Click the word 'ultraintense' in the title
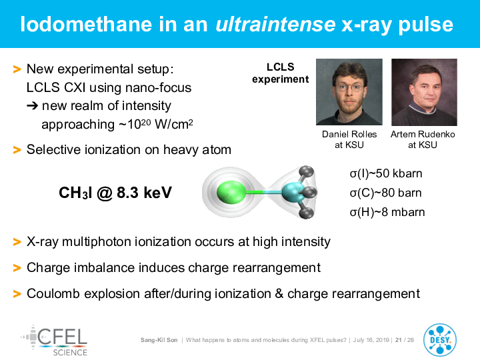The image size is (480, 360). tap(275, 25)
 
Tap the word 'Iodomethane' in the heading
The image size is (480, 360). tap(86, 25)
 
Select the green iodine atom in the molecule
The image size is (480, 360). tap(231, 192)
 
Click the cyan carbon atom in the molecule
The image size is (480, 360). tap(292, 192)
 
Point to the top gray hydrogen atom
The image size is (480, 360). tap(307, 172)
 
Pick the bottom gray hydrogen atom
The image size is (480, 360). tap(306, 213)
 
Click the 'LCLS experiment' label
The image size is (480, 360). tap(281, 73)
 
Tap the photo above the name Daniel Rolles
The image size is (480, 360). tap(349, 92)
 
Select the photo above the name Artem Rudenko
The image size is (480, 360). tap(424, 92)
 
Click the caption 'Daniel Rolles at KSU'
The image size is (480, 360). tap(349, 139)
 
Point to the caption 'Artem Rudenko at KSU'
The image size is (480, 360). tap(423, 139)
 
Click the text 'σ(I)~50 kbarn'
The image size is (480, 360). tap(386, 173)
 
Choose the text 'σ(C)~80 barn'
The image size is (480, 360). tap(385, 193)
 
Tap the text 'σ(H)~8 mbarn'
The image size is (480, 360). tap(387, 212)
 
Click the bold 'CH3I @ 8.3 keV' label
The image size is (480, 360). tap(115, 193)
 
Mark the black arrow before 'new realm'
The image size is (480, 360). tap(33, 106)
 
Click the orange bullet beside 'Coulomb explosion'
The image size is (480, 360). tap(17, 294)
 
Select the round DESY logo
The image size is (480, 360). tap(440, 340)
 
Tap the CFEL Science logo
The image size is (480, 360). tap(54, 341)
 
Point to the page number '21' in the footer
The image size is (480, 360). tap(399, 340)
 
